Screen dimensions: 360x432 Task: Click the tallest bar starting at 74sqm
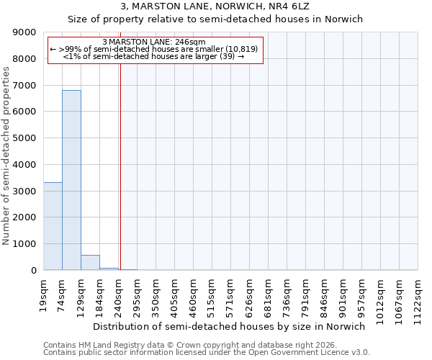click(71, 180)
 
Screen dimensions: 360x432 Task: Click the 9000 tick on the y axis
click(26, 32)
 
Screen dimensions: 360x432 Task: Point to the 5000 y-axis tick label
click(26, 138)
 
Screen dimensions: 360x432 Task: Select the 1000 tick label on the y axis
click(26, 244)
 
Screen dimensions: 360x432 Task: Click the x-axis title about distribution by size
click(230, 326)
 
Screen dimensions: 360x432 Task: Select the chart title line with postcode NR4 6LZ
click(216, 6)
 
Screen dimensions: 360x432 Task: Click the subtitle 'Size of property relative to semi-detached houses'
click(216, 19)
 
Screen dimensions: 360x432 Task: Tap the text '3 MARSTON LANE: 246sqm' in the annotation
click(154, 42)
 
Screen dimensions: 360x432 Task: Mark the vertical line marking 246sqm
click(120, 166)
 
